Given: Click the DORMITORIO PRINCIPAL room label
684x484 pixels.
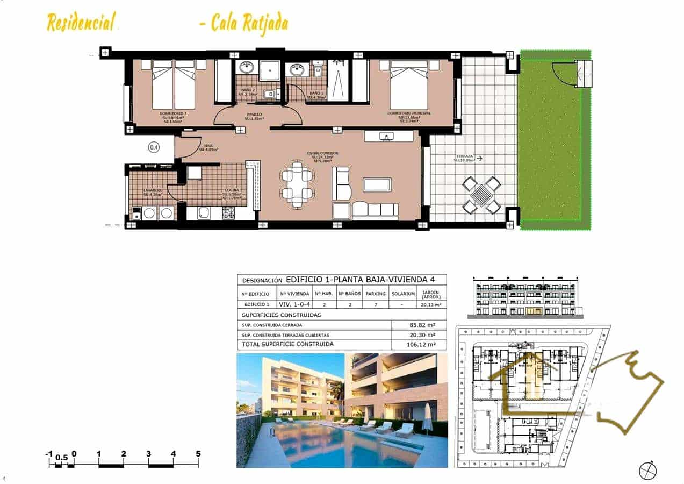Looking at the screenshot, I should tap(409, 113).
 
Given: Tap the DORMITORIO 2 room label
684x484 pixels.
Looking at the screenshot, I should tap(173, 113).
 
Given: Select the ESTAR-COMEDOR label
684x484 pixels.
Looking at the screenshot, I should tap(322, 153).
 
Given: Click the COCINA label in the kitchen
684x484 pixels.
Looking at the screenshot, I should tap(232, 191).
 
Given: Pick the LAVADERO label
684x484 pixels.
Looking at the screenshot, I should tap(153, 191).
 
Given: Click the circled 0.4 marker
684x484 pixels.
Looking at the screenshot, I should tap(154, 147).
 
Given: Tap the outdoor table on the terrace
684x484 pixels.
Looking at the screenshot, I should tap(482, 195).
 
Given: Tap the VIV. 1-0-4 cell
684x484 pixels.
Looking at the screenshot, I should tap(294, 304).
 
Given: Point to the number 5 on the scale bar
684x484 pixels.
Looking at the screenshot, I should tap(198, 454).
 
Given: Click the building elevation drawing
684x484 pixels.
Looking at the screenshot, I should tap(526, 297).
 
